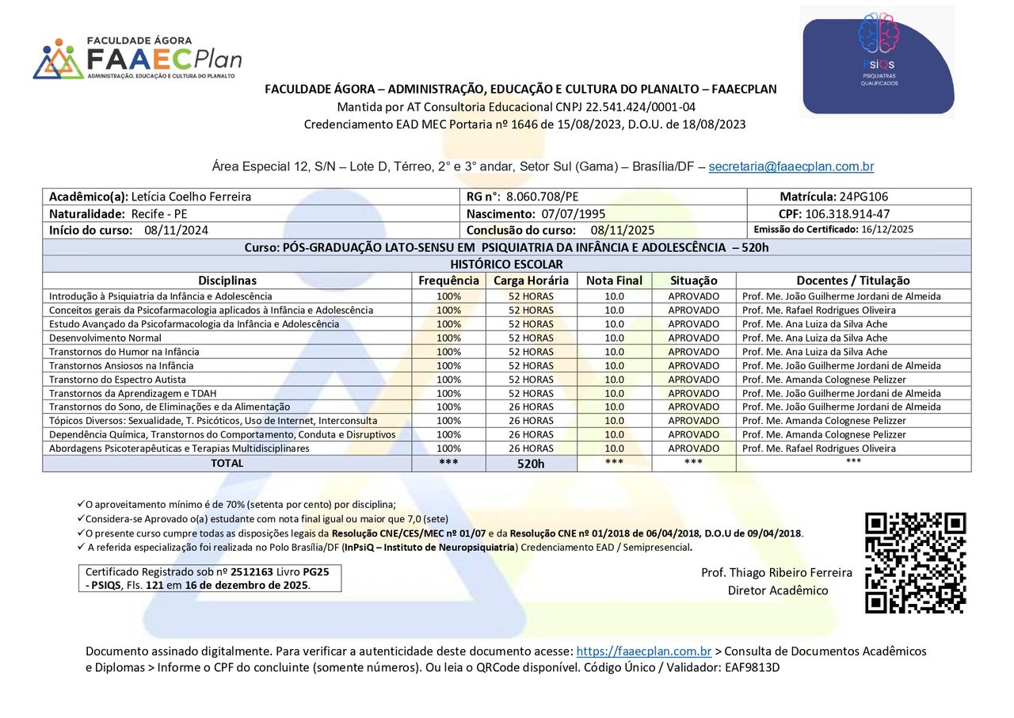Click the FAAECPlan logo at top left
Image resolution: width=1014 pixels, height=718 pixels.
(x=136, y=59)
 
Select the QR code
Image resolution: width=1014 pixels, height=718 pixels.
(x=915, y=563)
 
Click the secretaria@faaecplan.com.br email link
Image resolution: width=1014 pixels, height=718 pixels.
(x=791, y=166)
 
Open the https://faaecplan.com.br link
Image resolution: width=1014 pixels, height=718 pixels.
(x=643, y=651)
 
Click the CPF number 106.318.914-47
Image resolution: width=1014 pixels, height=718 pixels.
(x=847, y=214)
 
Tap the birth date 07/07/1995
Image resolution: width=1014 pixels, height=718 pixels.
(x=574, y=214)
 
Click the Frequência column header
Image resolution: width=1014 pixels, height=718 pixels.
(x=448, y=281)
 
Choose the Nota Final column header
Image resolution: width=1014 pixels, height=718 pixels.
(x=614, y=281)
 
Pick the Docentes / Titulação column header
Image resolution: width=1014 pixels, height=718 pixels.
(x=852, y=281)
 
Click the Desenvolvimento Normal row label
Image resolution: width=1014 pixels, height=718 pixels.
(x=105, y=338)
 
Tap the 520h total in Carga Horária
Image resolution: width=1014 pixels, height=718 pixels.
(x=531, y=464)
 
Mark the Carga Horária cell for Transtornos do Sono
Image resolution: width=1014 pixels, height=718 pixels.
(x=531, y=407)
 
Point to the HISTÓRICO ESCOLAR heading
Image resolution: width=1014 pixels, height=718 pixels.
(x=506, y=264)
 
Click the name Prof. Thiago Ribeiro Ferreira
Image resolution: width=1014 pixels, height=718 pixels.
(x=776, y=572)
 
